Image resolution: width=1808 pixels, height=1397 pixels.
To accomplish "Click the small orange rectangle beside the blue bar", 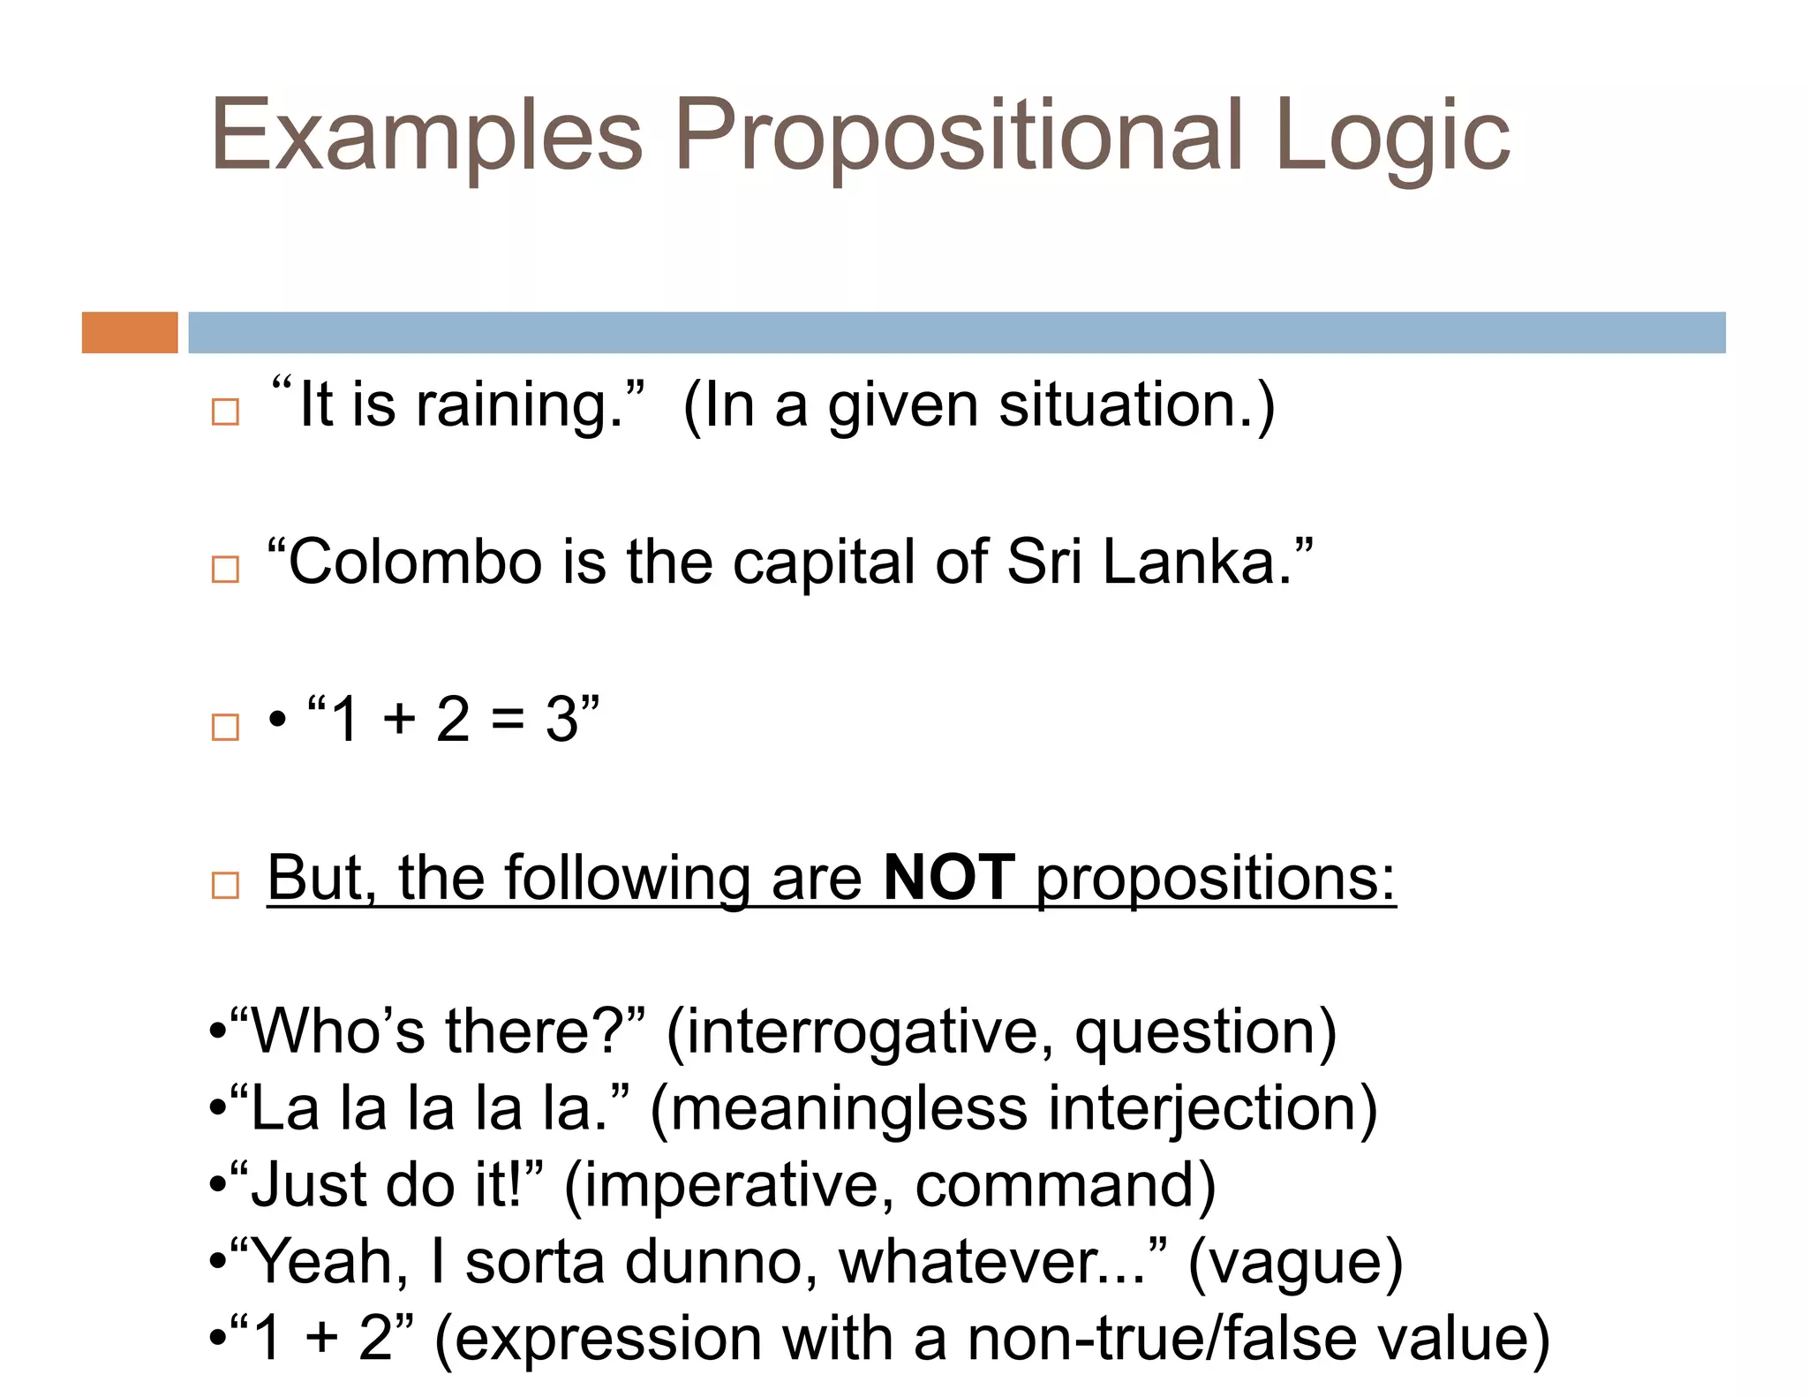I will point(130,333).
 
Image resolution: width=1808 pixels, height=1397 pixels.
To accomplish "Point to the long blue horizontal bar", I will point(956,333).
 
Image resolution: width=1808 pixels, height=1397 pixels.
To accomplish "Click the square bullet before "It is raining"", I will point(225,412).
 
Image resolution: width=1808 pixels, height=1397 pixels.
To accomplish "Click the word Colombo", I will point(415,563).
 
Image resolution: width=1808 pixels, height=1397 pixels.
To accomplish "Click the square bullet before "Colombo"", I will point(225,569).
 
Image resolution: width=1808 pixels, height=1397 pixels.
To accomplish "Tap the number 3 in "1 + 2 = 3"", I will point(562,720).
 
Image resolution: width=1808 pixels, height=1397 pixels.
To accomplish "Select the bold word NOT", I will point(949,878).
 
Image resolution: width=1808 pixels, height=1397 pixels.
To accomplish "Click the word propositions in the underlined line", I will point(1215,880).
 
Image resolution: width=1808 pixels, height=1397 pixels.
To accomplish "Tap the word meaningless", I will point(849,1109).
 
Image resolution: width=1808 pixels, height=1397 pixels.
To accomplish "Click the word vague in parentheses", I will point(1295,1263).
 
